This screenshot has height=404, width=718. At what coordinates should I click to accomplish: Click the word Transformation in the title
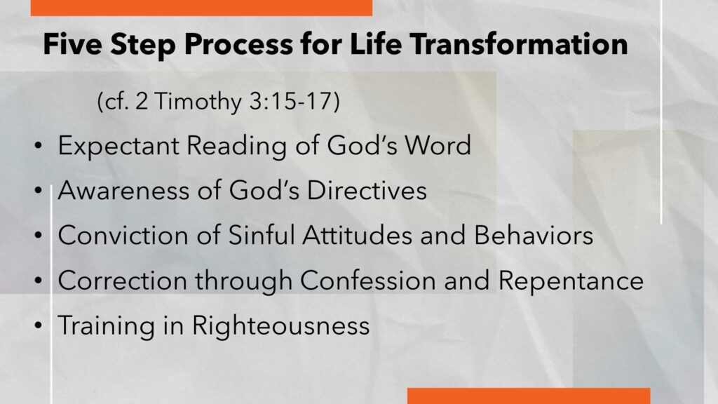coord(519,44)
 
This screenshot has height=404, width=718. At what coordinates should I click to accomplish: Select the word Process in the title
coord(238,45)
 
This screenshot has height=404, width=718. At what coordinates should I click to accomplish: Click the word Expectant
coord(118,146)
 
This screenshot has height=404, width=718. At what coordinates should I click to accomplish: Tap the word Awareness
coord(123,190)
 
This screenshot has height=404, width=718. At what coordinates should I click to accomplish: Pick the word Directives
coord(367,190)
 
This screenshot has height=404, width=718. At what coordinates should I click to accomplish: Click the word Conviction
coord(123,236)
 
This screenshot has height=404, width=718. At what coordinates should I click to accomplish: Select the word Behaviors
coord(534,236)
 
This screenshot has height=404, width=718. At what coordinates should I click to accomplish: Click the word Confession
coord(367,281)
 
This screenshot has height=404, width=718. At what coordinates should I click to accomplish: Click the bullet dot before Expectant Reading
coord(38,146)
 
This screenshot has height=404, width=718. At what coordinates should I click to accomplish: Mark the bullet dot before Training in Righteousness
coord(38,325)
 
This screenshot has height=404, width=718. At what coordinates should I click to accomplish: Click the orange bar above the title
coord(201,8)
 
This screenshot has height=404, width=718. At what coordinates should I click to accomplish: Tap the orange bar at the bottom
coord(529,396)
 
